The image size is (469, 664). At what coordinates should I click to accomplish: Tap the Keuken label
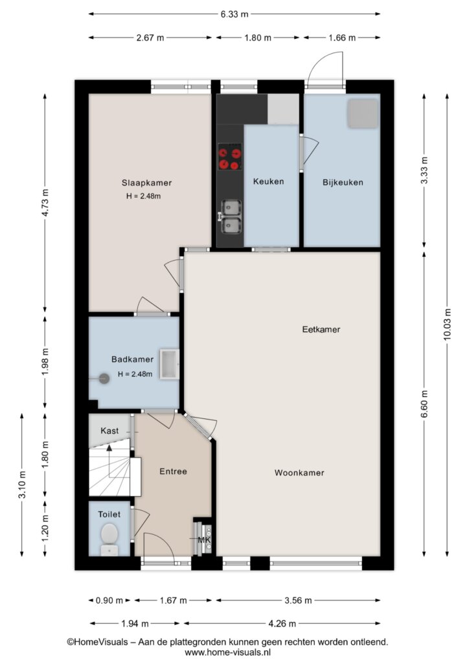[x=269, y=182]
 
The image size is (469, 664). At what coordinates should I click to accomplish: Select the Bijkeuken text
[x=343, y=182]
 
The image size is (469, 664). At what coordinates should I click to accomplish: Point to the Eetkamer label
[x=321, y=329]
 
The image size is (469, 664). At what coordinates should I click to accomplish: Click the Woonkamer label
[x=299, y=473]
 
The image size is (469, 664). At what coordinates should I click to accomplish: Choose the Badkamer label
[x=132, y=359]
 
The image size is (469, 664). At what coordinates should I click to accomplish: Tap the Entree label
[x=173, y=471]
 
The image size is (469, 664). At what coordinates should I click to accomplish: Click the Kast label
[x=109, y=431]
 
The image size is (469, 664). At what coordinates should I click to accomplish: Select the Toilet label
[x=109, y=514]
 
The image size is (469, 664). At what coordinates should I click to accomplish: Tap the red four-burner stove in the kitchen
[x=229, y=156]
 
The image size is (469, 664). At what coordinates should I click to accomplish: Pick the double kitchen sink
[x=231, y=217]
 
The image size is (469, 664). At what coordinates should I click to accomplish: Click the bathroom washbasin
[x=169, y=364]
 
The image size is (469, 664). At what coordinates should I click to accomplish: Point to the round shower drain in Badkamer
[x=104, y=378]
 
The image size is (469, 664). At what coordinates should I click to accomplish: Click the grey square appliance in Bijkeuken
[x=362, y=113]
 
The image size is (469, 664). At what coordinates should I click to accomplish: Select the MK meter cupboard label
[x=204, y=540]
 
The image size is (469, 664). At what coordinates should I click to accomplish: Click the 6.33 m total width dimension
[x=234, y=14]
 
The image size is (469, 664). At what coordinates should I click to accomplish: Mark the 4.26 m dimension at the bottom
[x=282, y=623]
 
